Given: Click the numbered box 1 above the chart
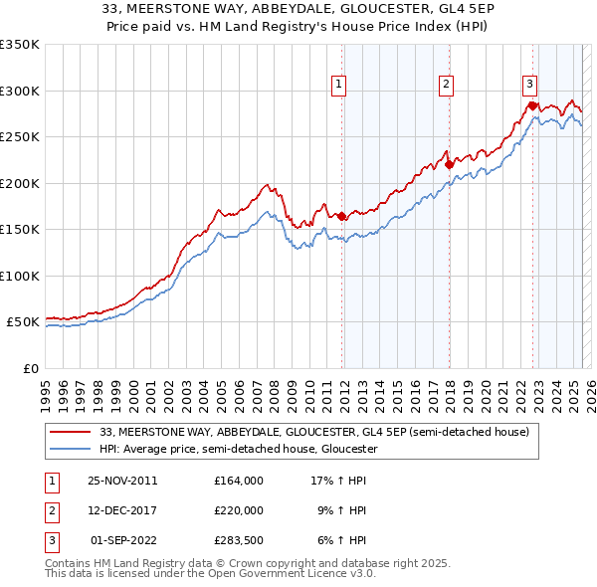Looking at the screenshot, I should tap(339, 85).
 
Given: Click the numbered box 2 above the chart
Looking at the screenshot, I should tap(447, 85).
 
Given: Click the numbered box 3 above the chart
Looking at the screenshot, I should tap(530, 85).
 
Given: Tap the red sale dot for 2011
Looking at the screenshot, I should tap(341, 216).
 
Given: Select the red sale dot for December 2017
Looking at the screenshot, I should tap(449, 164).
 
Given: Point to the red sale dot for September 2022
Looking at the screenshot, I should tap(532, 105).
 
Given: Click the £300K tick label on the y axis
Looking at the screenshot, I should tap(20, 91).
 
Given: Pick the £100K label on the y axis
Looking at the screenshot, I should tap(20, 276).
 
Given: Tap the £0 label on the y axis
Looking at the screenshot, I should tap(30, 368).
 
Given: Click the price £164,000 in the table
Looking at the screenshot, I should tap(239, 481).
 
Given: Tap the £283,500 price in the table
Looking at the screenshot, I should tap(239, 540).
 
